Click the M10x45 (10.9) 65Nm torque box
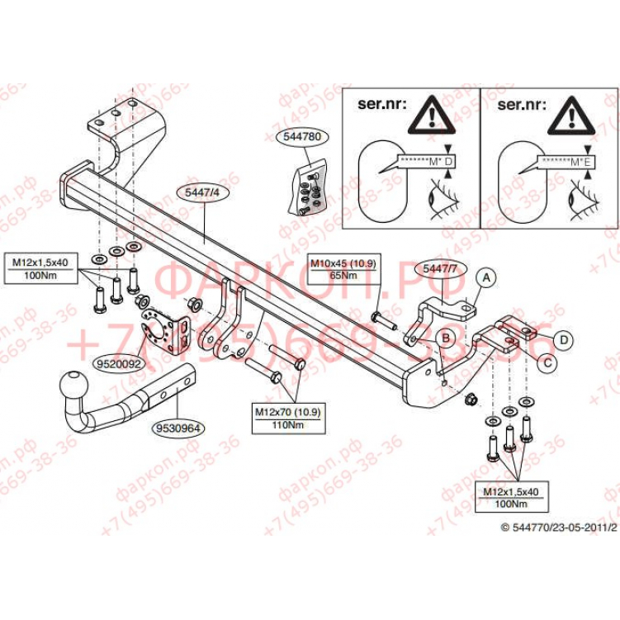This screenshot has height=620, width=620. [343, 269]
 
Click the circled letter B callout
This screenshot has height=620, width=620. [443, 337]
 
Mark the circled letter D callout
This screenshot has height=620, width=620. [563, 338]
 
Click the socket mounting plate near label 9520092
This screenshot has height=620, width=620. [158, 329]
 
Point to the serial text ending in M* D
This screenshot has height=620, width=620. [426, 161]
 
